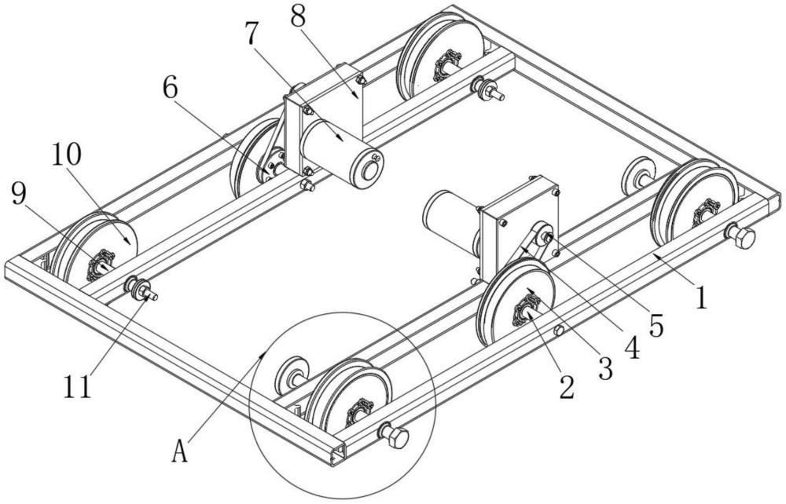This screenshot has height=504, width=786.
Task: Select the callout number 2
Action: click(567, 387)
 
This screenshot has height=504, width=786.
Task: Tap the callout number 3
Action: click(605, 369)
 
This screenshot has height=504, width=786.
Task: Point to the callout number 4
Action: click(633, 347)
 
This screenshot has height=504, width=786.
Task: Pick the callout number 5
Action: click(656, 326)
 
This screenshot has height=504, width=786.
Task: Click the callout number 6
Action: click(170, 89)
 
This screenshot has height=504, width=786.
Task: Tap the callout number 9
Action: click(18, 194)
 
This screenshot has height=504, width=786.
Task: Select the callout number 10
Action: click(66, 155)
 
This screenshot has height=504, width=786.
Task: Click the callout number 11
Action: click(77, 386)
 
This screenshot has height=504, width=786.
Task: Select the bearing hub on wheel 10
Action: click(100, 265)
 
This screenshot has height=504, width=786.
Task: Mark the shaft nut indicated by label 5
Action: click(546, 238)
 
